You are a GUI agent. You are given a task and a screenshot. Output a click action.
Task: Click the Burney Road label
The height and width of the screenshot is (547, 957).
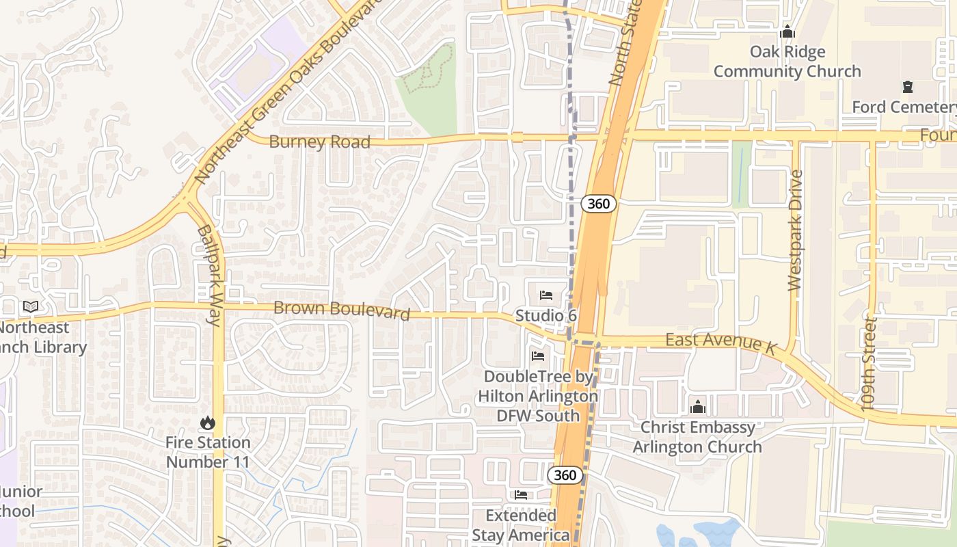tap(319, 142)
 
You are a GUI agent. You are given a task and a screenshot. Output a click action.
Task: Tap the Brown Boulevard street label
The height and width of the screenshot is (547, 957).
tap(341, 310)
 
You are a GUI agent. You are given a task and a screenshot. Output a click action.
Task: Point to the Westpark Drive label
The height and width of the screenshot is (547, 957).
tap(795, 230)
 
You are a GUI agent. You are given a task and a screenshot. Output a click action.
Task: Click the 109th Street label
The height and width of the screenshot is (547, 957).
tap(869, 363)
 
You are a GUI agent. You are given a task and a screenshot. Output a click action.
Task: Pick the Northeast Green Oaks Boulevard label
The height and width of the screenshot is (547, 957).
tap(287, 92)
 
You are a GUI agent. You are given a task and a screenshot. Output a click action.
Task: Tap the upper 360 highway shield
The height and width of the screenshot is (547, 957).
tap(599, 203)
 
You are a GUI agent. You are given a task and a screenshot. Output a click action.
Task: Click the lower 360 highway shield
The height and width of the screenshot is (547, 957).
tap(566, 475)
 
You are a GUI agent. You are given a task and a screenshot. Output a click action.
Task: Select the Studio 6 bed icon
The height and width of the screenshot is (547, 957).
tap(546, 295)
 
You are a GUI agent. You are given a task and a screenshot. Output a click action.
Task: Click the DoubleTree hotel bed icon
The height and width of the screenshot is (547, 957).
tap(538, 356)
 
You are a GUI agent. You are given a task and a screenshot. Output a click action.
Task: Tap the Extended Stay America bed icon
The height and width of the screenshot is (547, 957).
tap(521, 495)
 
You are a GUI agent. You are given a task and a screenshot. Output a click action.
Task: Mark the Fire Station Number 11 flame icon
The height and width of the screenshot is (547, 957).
tap(208, 423)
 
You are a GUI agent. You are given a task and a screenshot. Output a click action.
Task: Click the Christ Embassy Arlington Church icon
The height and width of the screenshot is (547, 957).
tap(697, 407)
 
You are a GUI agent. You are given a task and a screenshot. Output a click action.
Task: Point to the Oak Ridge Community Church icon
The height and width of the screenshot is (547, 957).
tap(787, 31)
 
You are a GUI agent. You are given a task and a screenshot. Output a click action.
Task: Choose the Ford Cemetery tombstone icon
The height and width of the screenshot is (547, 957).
tap(907, 87)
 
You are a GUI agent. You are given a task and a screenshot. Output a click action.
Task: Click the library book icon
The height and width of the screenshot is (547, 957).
tap(30, 307)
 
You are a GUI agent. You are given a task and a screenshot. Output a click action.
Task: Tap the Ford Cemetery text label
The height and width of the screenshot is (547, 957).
tap(904, 107)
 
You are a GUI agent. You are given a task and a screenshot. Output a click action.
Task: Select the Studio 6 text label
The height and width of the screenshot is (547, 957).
tap(546, 316)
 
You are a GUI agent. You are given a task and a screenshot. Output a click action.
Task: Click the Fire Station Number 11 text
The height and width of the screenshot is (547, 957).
tap(208, 452)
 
